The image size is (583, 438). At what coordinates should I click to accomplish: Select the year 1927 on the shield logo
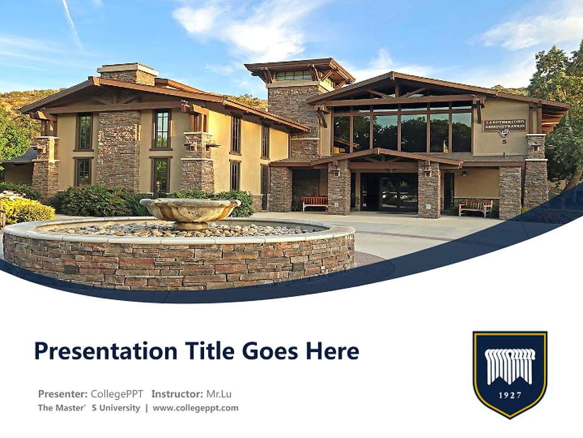[x=510, y=395]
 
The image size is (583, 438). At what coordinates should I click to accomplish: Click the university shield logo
[x=510, y=373]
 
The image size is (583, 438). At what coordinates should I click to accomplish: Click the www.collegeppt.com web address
[x=196, y=408]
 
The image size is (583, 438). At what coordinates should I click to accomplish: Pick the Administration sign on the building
[x=504, y=125]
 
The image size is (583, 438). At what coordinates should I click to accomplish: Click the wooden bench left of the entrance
[x=315, y=203]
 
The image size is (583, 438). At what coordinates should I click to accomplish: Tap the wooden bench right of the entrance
[x=475, y=207]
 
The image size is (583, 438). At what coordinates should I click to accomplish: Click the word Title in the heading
[x=214, y=351]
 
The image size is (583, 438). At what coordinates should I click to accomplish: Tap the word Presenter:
[x=63, y=394]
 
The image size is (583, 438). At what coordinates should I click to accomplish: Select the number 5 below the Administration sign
[x=503, y=142]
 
